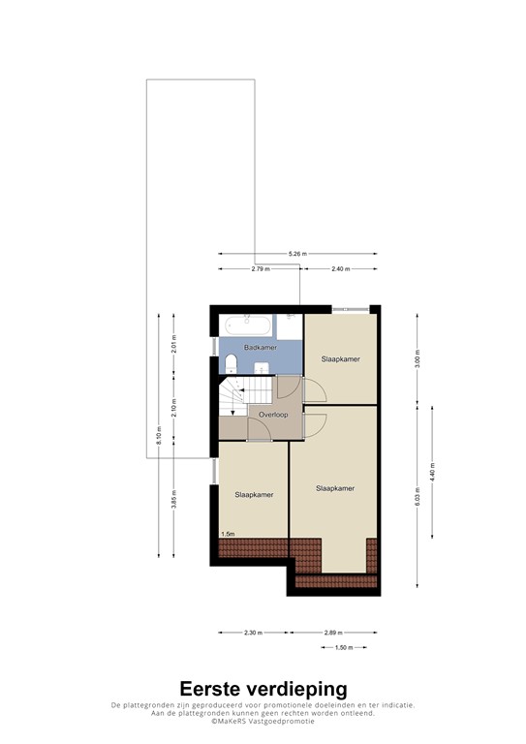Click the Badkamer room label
click(261, 347)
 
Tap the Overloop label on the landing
click(273, 414)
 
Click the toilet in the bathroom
click(231, 363)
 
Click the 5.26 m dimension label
click(297, 254)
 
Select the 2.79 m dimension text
click(260, 268)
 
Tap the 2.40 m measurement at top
click(340, 268)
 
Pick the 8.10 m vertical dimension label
click(158, 437)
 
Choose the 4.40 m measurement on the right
click(432, 475)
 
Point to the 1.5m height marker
click(228, 534)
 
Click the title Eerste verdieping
click(263, 689)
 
